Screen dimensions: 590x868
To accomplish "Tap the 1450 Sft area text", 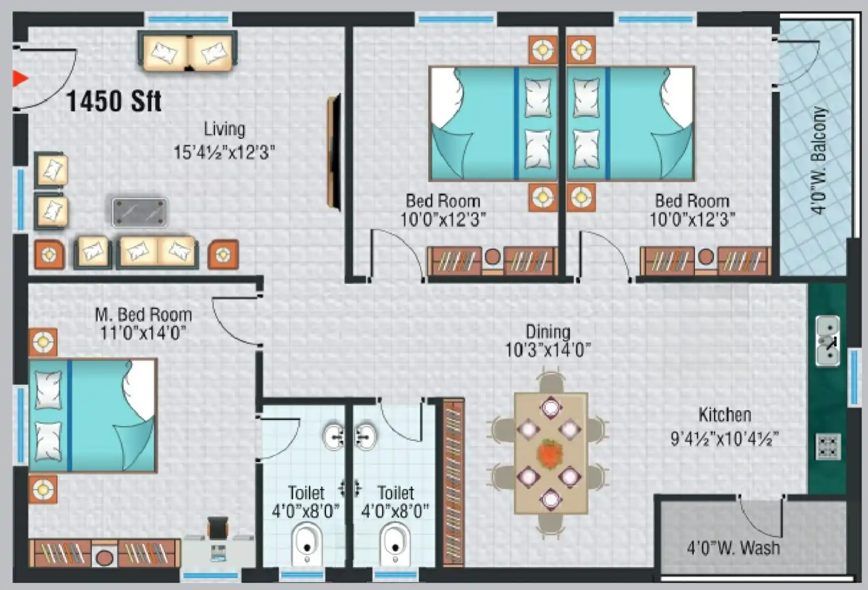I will point(114,101).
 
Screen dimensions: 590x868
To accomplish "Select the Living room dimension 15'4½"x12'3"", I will point(224,152).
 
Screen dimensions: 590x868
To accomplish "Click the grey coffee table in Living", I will point(140,212).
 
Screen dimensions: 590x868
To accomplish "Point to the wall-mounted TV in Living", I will point(334,152).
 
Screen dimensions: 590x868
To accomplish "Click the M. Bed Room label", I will point(143,315).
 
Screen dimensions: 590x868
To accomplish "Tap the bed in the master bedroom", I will point(93,415).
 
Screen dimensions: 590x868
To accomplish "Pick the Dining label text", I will point(548,332).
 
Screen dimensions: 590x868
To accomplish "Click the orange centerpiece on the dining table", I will point(550,453).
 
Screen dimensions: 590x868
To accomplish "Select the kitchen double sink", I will point(828,341).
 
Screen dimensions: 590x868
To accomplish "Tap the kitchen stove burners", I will point(828,446).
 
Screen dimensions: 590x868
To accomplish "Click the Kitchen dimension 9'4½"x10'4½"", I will point(724,438).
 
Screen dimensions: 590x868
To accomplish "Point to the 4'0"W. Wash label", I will point(733,547).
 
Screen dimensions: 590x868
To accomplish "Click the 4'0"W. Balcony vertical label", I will point(818,160).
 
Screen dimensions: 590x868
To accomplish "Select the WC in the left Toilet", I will point(306,544).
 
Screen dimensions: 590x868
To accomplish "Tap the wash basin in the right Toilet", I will point(365,436).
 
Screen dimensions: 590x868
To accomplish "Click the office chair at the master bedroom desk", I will point(218,528).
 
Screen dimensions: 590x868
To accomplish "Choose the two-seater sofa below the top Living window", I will point(187,52).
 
